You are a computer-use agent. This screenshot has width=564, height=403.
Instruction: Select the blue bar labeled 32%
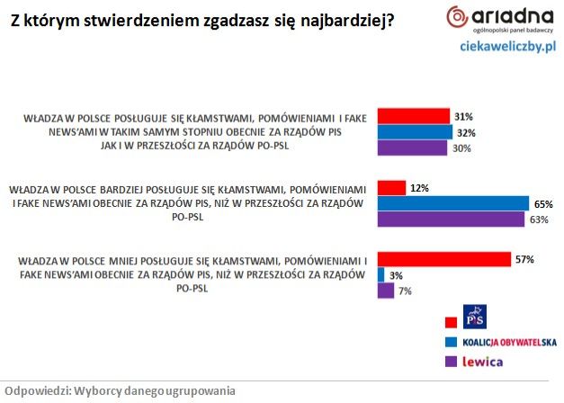[415, 132]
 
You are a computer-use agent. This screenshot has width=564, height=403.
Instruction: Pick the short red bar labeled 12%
[391, 188]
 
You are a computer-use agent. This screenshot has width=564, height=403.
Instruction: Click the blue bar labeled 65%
[453, 203]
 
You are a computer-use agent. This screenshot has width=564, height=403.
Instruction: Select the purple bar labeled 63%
[451, 219]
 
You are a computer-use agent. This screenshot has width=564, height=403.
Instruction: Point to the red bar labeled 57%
[444, 259]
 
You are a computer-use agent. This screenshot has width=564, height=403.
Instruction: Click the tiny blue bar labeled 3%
[381, 274]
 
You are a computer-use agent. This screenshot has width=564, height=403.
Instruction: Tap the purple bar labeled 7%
[386, 291]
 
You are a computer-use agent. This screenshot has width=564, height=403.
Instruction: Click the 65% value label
[543, 204]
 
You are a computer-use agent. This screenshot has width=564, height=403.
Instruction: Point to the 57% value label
[524, 259]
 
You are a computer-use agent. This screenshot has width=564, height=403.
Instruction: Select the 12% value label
[419, 188]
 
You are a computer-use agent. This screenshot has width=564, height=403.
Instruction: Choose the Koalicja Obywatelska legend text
[507, 343]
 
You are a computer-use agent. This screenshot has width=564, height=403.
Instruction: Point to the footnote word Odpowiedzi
[35, 390]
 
